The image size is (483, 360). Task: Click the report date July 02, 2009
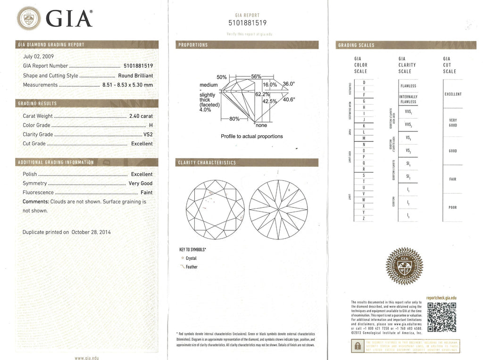click(39, 57)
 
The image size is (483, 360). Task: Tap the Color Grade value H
click(150, 125)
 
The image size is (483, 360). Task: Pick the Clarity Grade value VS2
click(148, 134)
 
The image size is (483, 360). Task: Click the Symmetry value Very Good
click(140, 183)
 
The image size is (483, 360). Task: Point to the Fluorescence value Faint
click(146, 192)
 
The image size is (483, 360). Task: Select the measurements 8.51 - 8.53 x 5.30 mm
click(127, 85)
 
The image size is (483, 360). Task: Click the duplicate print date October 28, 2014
click(91, 232)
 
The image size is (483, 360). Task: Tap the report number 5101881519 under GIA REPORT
click(248, 23)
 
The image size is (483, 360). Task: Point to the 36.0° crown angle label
click(288, 84)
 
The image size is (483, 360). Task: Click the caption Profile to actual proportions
click(251, 136)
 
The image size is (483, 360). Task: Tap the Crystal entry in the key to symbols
click(191, 258)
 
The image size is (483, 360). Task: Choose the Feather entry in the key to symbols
click(192, 267)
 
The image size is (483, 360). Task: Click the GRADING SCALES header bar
click(406, 45)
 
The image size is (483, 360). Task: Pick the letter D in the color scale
click(364, 82)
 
